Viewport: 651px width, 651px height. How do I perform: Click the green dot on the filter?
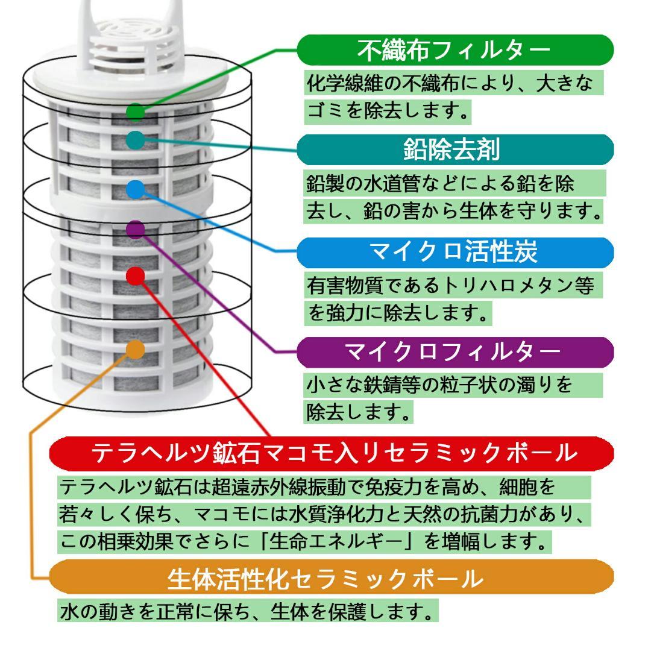136,112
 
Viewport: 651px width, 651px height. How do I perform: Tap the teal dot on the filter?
136,140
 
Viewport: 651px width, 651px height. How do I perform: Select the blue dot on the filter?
136,189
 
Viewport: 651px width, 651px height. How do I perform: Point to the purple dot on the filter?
136,229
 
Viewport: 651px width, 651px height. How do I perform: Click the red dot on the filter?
136,276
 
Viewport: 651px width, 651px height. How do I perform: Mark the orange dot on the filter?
136,349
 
